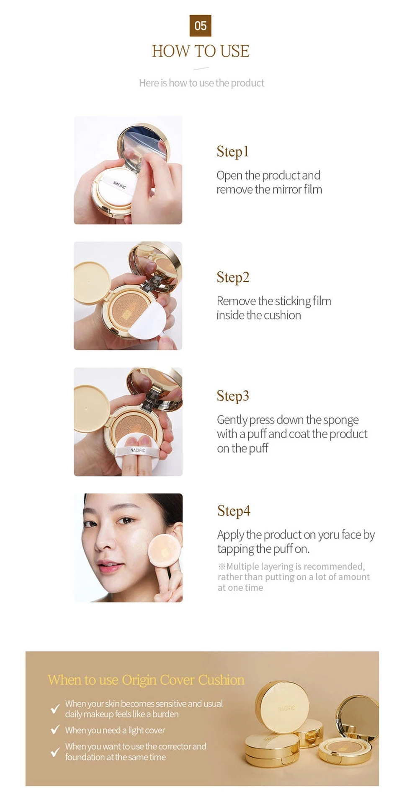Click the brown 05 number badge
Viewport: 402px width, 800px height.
coord(200,26)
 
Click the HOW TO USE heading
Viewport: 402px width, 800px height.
coord(201,51)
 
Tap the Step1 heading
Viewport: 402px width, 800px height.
coord(233,151)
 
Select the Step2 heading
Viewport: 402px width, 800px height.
coord(233,277)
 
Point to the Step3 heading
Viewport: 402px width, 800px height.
coord(233,396)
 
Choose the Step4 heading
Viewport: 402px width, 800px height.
coord(234,511)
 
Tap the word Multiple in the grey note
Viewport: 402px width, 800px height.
coord(242,566)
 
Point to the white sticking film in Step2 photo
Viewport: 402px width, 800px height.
coord(147,320)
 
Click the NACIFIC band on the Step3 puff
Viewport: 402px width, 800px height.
coord(137,450)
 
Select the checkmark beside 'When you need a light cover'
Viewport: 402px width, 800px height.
coord(55,730)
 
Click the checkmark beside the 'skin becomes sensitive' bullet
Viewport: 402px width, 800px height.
coord(55,709)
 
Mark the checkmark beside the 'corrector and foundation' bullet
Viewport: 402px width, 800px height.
coord(55,752)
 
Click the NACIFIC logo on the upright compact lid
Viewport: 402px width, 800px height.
coord(286,708)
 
